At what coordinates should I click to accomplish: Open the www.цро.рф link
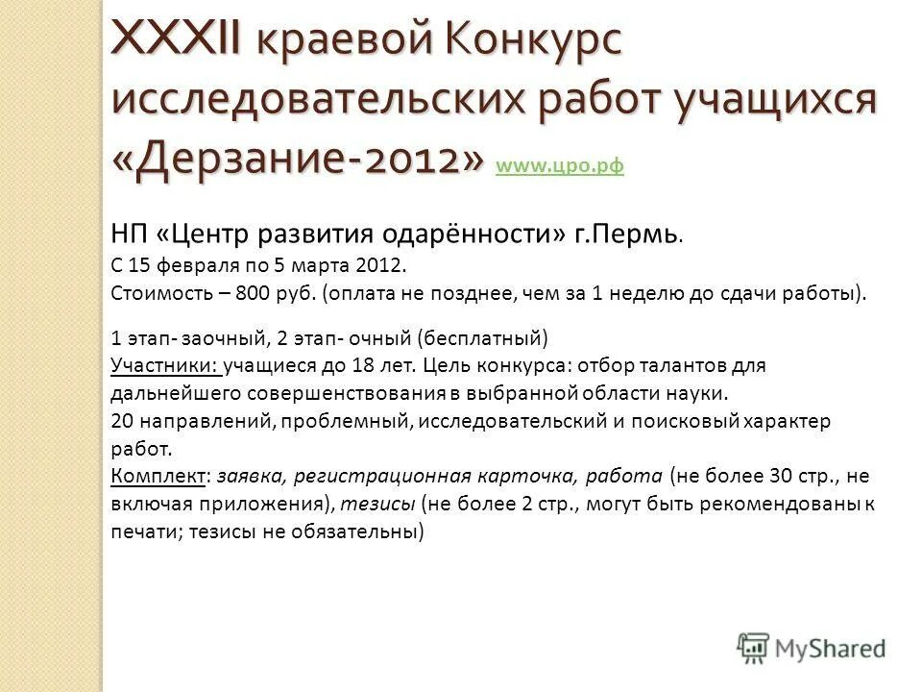click(x=560, y=166)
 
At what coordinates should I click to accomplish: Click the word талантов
click(x=684, y=365)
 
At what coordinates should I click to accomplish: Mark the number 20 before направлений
click(x=123, y=421)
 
